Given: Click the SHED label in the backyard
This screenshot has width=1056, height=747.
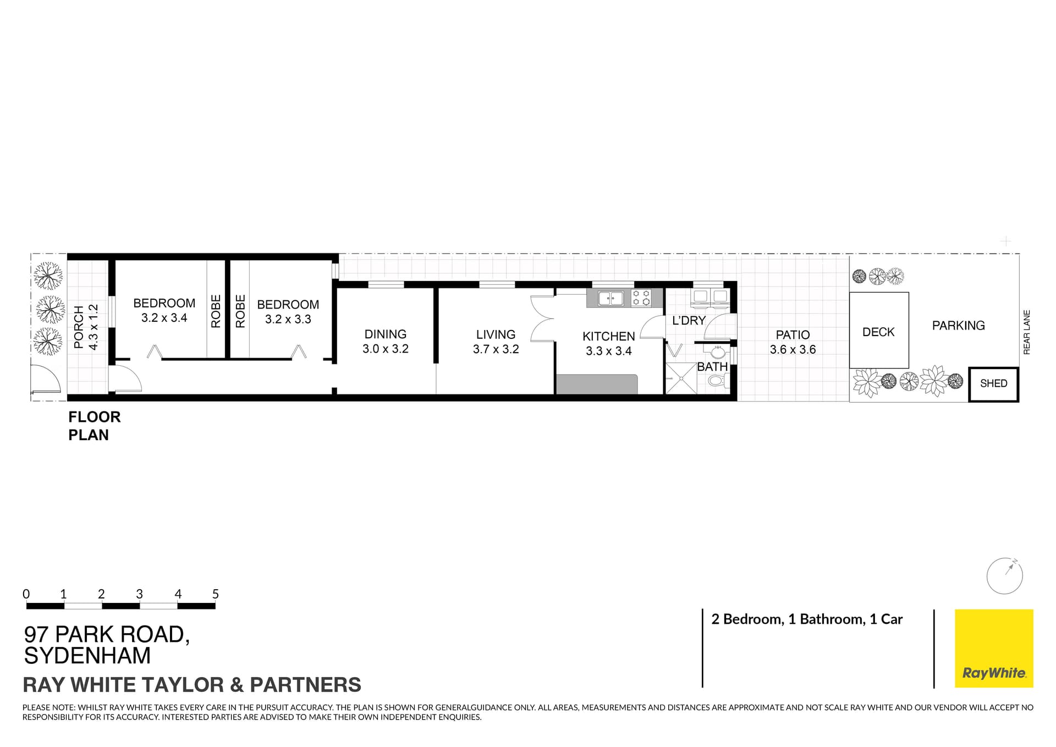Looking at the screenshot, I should point(993,383).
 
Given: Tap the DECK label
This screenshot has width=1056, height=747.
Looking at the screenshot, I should point(878,332).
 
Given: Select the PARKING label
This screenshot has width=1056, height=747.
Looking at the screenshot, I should point(958,326).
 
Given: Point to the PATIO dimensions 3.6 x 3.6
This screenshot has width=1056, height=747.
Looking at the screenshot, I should point(793,349).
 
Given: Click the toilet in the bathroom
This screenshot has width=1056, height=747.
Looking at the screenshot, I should point(717,380).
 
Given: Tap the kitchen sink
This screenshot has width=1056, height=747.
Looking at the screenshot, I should point(610,298).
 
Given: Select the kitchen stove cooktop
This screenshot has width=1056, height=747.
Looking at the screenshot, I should point(641,298).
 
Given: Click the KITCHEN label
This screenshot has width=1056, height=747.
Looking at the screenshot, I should point(608,336).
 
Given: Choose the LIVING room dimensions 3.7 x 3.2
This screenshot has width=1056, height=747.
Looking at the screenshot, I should point(496,349).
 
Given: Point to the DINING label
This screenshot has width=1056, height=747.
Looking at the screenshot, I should point(385,334).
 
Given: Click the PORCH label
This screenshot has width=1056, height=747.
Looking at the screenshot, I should point(79,327).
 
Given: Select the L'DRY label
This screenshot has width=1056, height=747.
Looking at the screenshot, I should point(689,320).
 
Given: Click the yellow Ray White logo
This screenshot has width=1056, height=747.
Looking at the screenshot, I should point(994,648).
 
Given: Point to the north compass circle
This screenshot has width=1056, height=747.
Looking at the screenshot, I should point(1004,576).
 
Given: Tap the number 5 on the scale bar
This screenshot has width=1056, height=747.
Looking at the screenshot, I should point(216,594).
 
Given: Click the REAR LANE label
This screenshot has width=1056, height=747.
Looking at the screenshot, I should point(1027,332).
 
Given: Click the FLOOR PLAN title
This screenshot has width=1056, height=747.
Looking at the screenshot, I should point(94,426).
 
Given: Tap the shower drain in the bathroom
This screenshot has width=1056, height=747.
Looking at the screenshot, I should point(681,378).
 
